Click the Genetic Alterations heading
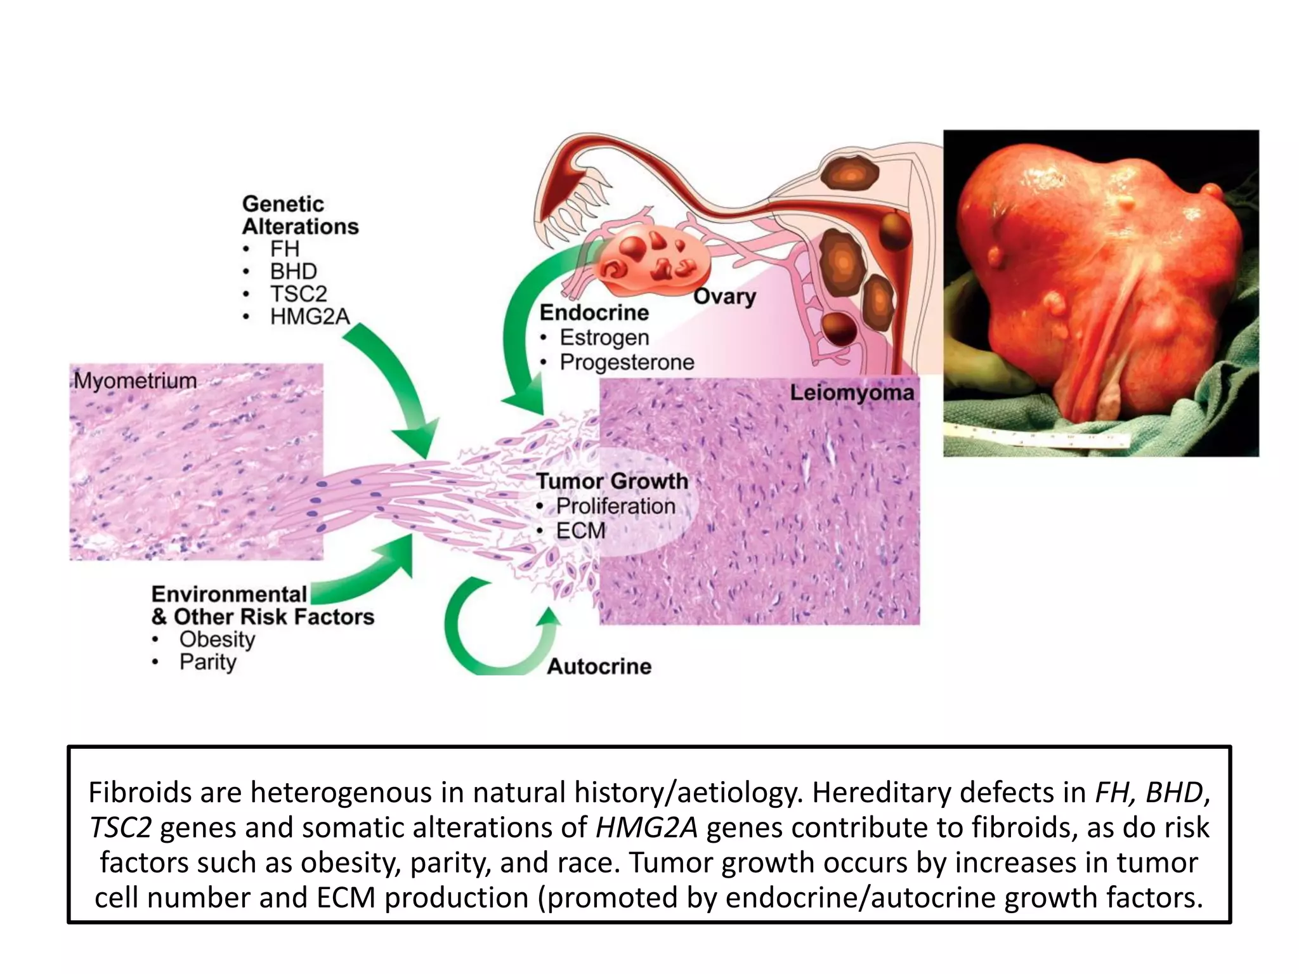(300, 215)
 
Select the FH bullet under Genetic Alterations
(284, 249)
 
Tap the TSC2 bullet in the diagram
(298, 294)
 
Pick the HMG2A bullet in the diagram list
(310, 316)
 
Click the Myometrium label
(135, 380)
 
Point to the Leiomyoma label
(851, 393)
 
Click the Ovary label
(724, 296)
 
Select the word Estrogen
(604, 337)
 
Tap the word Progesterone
(627, 362)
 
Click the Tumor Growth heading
(612, 481)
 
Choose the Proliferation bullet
(615, 506)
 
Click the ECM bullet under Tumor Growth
(580, 530)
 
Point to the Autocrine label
(599, 666)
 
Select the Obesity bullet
(217, 639)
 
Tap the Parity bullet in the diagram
(207, 662)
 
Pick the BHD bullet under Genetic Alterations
(293, 271)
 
